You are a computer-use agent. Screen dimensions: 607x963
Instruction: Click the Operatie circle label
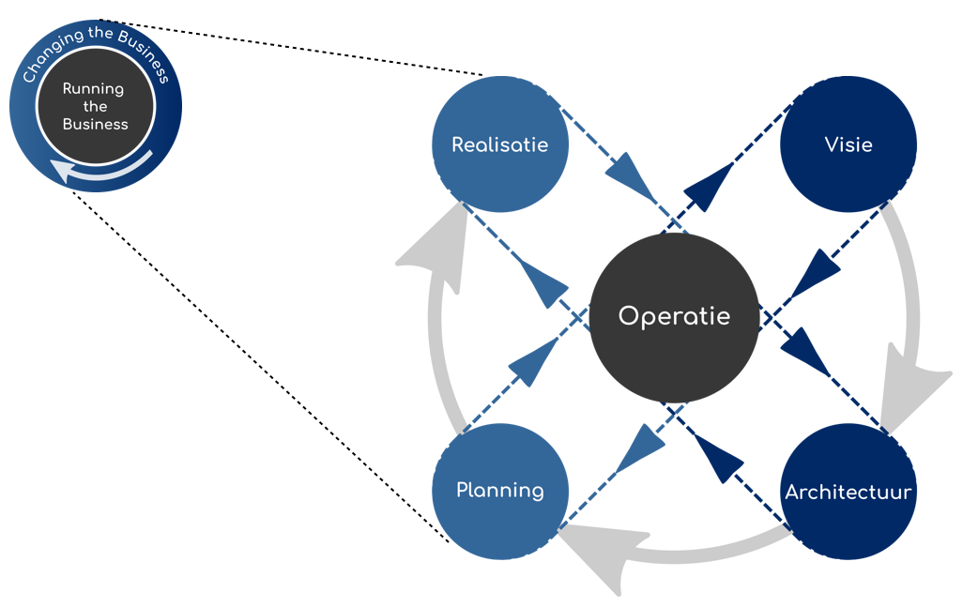pyautogui.click(x=673, y=317)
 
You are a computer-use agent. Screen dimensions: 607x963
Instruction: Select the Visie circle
pyautogui.click(x=848, y=144)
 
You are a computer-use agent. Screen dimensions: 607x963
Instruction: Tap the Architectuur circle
pyautogui.click(x=848, y=492)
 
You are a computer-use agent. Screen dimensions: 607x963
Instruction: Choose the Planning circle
pyautogui.click(x=499, y=490)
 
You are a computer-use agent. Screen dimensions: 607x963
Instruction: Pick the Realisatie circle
pyautogui.click(x=499, y=144)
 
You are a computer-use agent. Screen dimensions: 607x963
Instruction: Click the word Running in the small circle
pyautogui.click(x=93, y=89)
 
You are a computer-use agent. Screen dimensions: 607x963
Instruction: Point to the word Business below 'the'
pyautogui.click(x=95, y=124)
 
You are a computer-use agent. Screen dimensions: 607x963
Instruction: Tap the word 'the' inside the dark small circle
pyautogui.click(x=95, y=106)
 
